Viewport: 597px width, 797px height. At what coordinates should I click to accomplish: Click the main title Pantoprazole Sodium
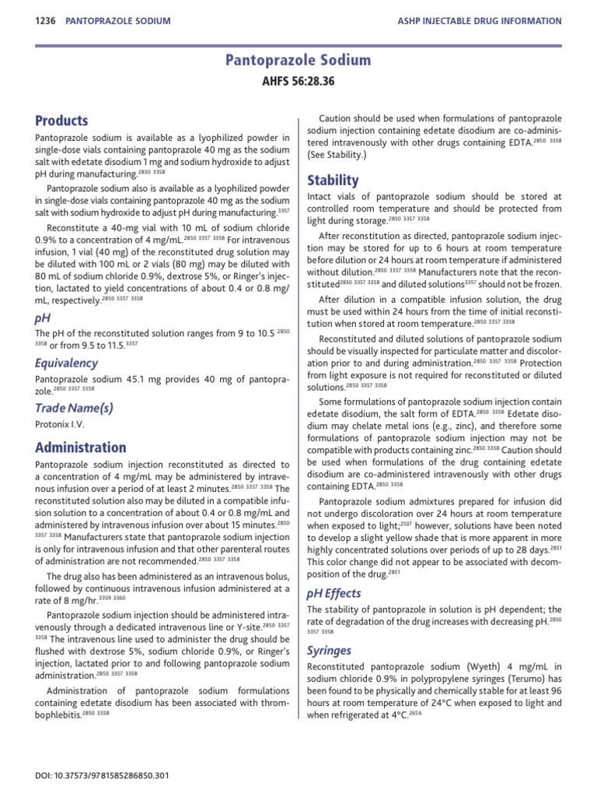298,61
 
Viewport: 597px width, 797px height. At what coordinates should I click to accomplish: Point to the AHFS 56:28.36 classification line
298,80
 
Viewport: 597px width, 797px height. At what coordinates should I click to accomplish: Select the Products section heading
61,121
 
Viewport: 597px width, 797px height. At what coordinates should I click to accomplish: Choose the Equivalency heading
65,362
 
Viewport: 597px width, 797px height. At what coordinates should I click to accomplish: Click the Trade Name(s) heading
74,407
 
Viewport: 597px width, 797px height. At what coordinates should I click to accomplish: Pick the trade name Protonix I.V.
59,426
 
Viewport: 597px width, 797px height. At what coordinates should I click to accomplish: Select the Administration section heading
80,448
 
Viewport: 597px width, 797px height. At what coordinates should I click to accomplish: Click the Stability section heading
333,181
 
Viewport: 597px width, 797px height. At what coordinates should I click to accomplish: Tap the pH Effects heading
334,593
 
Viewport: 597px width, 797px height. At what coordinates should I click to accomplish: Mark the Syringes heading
329,650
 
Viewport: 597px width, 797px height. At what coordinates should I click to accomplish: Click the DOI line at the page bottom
102,776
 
